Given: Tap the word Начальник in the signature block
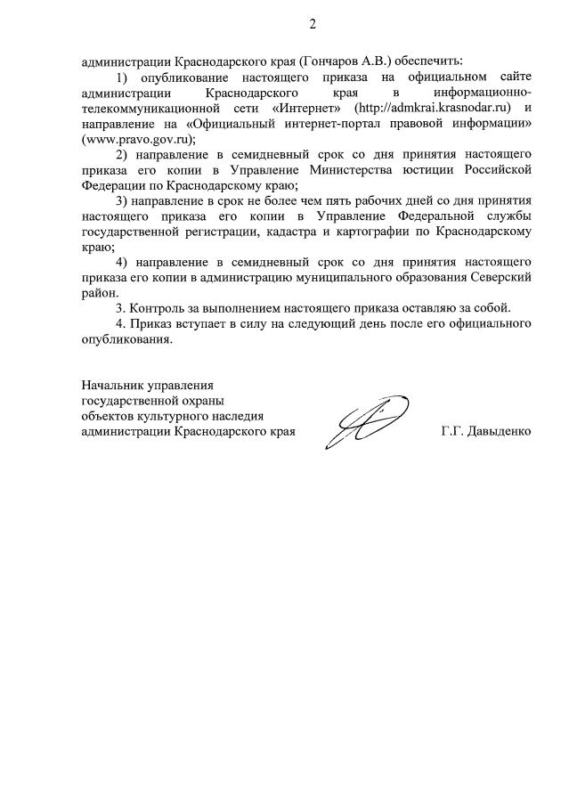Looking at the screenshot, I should click(113, 386).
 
